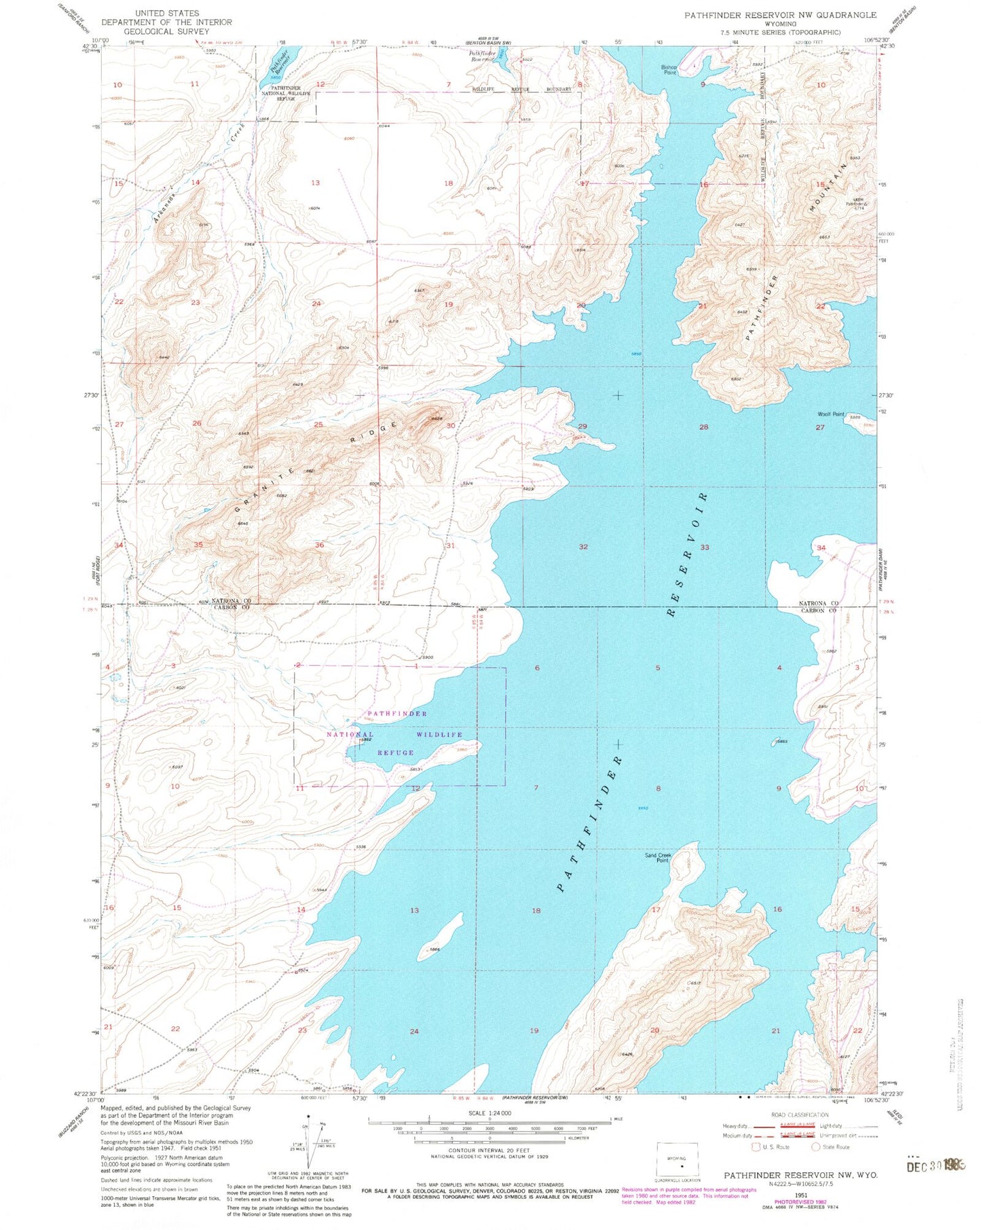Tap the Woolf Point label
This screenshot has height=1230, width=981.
tap(831, 414)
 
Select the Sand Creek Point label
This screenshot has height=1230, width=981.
tap(658, 858)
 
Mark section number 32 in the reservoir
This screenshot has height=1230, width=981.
tap(583, 547)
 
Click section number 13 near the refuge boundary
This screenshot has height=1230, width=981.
tap(315, 183)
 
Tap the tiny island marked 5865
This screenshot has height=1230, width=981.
tap(775, 742)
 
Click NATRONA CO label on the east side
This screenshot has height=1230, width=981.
tap(816, 603)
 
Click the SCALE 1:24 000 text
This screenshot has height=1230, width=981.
tap(489, 1114)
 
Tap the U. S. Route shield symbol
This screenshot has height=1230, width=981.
tap(756, 1147)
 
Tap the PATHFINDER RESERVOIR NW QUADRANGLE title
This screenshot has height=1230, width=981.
tap(780, 14)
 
